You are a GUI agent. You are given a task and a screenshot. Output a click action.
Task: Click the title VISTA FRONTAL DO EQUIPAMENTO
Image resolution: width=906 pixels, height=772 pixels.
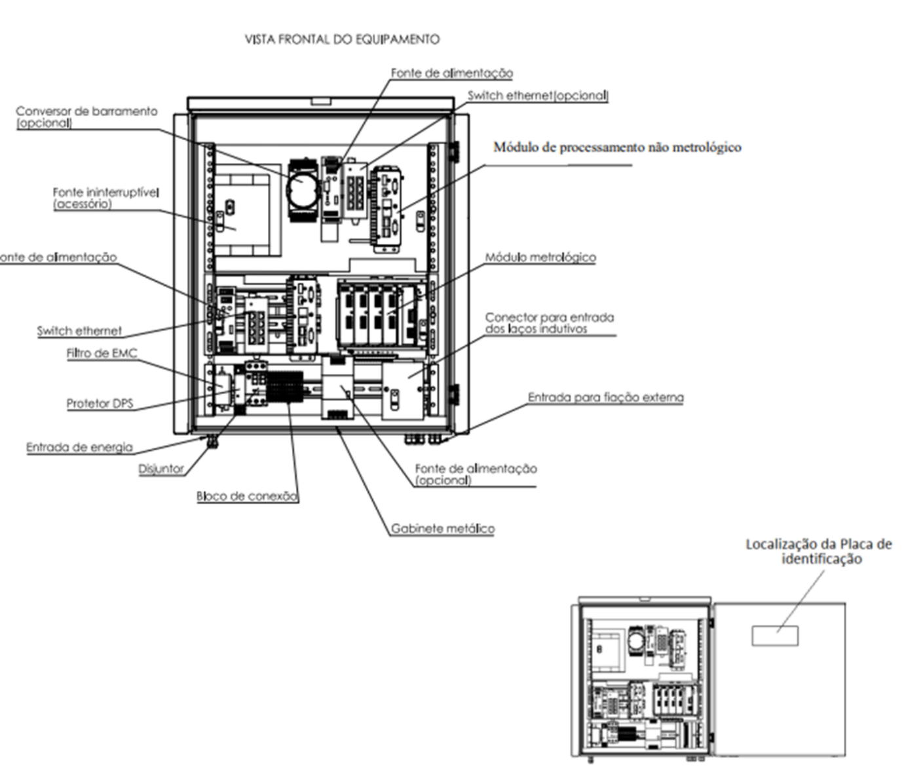[342, 39]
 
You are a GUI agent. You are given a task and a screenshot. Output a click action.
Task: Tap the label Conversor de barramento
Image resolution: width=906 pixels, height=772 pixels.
[86, 111]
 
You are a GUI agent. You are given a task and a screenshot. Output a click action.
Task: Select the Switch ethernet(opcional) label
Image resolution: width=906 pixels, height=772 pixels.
[538, 96]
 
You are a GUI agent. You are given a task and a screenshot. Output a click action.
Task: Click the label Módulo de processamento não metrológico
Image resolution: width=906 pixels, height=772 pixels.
[618, 147]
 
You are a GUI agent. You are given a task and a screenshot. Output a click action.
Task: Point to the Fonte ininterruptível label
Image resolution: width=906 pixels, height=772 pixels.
[105, 193]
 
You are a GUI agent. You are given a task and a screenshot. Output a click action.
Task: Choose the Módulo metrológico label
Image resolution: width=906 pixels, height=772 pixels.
[540, 257]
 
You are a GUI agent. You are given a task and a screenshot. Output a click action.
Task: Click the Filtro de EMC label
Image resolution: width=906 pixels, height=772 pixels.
[102, 353]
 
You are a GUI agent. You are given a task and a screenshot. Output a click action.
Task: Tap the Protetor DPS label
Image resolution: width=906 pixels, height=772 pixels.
[100, 403]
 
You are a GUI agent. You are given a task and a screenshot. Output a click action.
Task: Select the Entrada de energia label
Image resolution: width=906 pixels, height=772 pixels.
[79, 447]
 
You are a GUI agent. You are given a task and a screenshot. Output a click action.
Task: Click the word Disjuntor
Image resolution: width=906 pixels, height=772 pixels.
[161, 469]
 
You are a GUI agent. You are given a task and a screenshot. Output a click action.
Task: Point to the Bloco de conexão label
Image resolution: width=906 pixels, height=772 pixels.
[247, 496]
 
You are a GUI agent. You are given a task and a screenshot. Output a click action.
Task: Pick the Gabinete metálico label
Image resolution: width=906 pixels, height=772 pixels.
[443, 528]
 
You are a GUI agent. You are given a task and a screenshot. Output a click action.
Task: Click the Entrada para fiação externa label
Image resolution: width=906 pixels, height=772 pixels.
[606, 397]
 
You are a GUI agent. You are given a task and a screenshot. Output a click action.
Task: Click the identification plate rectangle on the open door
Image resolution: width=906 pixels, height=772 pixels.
[775, 636]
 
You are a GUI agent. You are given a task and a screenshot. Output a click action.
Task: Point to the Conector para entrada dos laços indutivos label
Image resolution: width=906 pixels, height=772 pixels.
[550, 323]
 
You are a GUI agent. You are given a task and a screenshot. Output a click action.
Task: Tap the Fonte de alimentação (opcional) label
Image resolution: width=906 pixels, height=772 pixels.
[476, 474]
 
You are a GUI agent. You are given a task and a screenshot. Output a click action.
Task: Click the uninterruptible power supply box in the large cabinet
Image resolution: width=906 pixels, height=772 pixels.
[248, 210]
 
